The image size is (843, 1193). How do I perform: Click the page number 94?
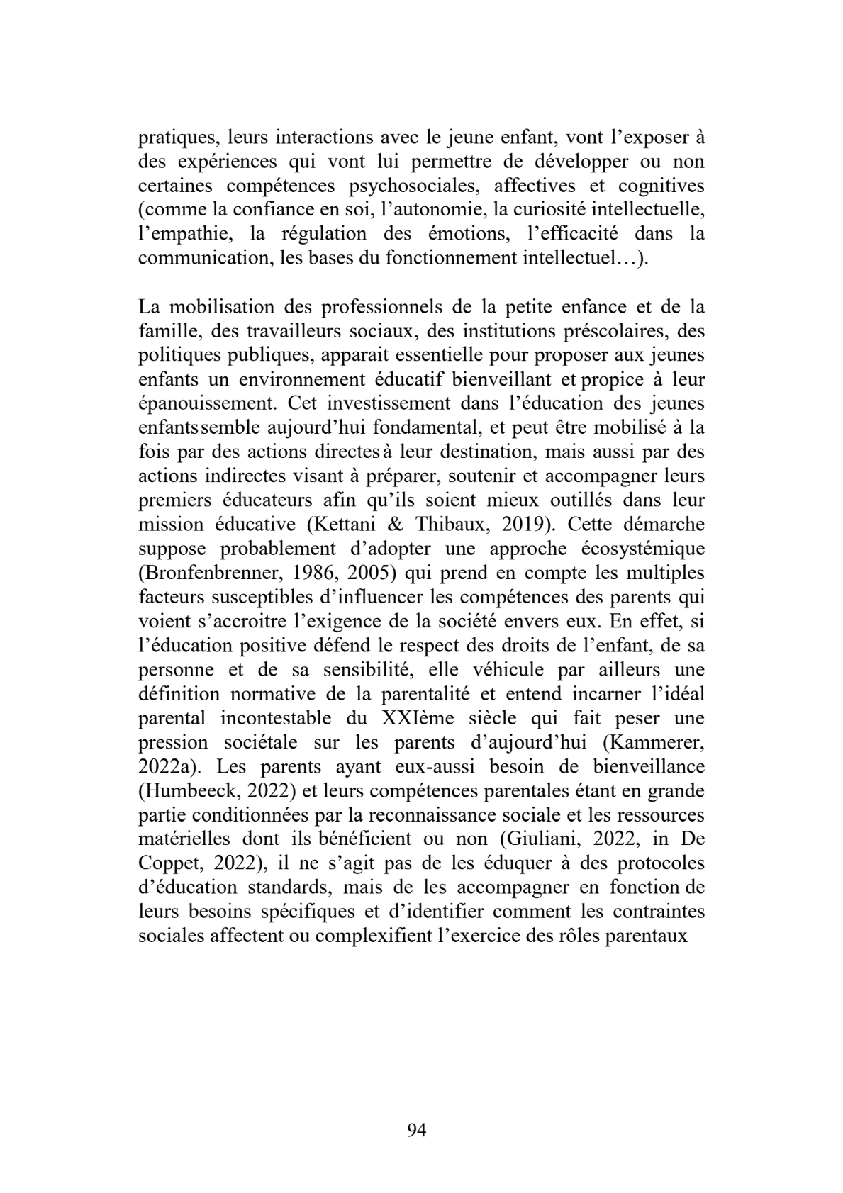click(417, 1130)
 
